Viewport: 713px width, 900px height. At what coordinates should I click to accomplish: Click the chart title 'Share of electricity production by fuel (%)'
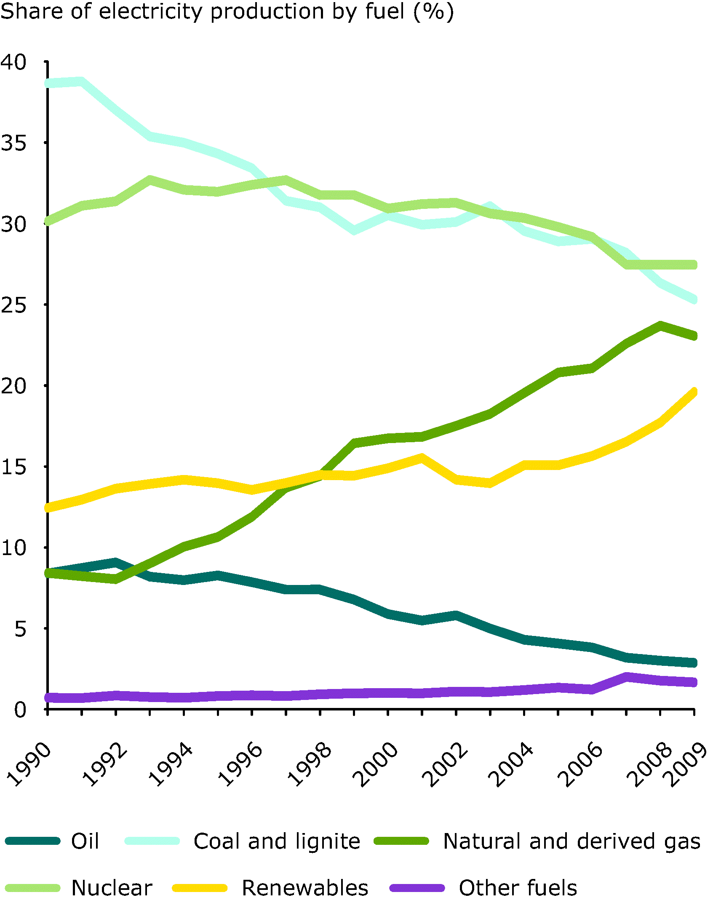coord(227,12)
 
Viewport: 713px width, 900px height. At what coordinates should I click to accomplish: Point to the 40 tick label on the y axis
coord(14,62)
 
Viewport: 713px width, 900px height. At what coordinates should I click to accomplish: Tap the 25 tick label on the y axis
coord(14,305)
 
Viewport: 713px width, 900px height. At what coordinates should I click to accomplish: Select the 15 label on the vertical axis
coord(14,467)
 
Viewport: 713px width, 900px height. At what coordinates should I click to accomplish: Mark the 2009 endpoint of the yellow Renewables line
coord(694,392)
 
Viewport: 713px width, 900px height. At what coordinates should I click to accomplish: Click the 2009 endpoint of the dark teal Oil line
coord(694,662)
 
